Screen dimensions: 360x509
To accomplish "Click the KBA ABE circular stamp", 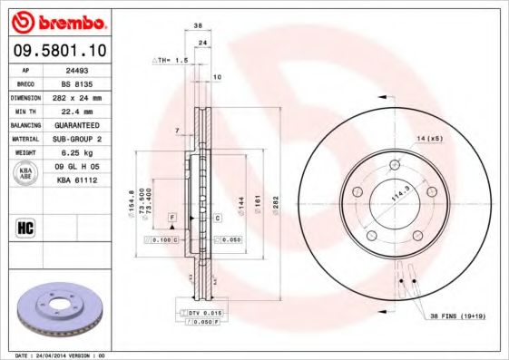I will [x=26, y=173].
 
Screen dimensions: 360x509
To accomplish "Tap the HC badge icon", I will [x=25, y=227].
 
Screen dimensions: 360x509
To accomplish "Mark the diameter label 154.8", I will [x=132, y=199].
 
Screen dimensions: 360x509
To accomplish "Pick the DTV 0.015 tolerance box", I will [x=204, y=312].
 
